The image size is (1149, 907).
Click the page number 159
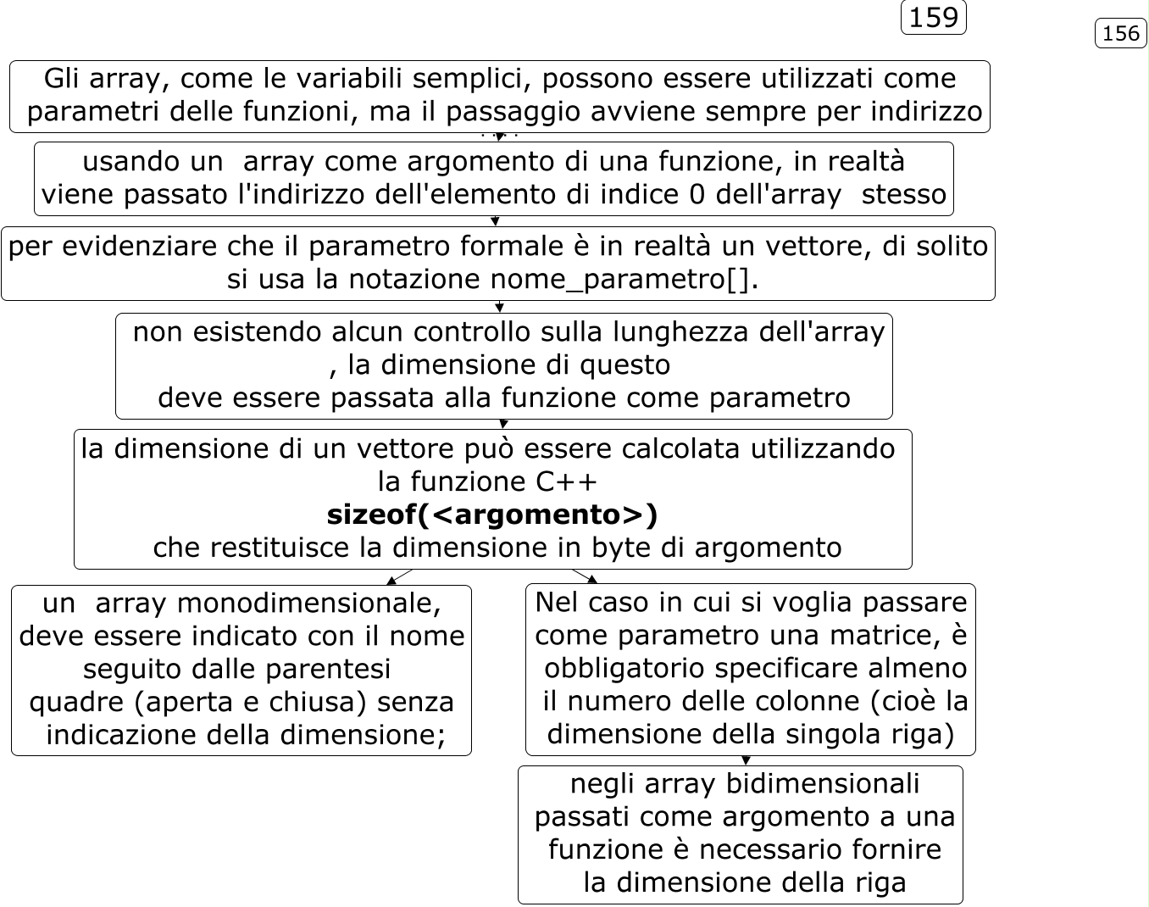(x=933, y=18)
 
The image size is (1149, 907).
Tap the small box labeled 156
(x=1121, y=33)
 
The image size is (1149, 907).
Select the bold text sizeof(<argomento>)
(x=492, y=515)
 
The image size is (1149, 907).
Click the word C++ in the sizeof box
(x=566, y=481)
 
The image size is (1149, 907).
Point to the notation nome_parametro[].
(x=624, y=279)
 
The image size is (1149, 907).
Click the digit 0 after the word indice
(x=697, y=194)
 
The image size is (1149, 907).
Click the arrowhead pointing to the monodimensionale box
(x=391, y=581)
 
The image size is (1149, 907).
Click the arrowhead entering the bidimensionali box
(x=746, y=761)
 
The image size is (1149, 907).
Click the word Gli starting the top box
(x=63, y=79)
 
